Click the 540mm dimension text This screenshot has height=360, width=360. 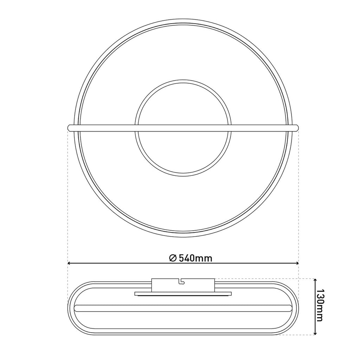pyautogui.click(x=195, y=258)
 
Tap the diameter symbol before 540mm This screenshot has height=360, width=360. pyautogui.click(x=173, y=258)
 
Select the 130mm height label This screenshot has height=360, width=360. pyautogui.click(x=319, y=306)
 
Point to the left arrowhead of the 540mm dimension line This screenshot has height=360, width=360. pyautogui.click(x=70, y=263)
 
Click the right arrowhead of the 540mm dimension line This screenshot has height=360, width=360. pyautogui.click(x=296, y=263)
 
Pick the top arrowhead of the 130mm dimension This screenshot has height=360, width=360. pyautogui.click(x=315, y=281)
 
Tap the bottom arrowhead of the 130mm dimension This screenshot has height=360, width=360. pyautogui.click(x=315, y=332)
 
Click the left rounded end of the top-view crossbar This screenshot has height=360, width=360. pyautogui.click(x=70, y=128)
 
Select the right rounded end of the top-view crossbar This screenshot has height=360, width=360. pyautogui.click(x=296, y=128)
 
